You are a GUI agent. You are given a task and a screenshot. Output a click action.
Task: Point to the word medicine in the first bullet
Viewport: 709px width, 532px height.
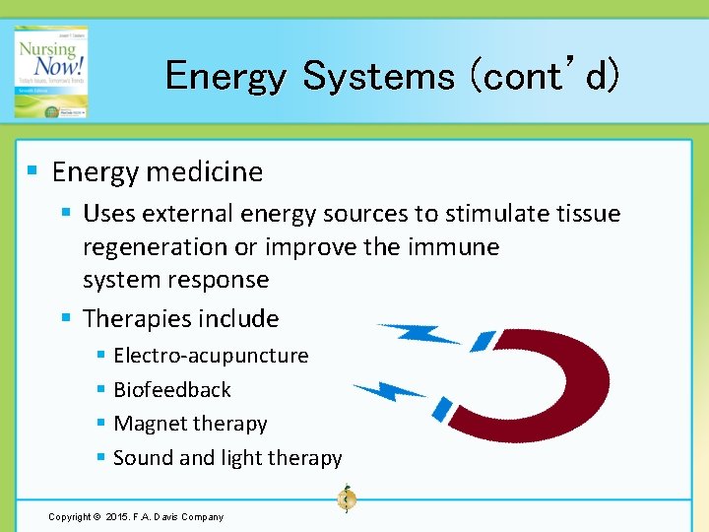[214, 171]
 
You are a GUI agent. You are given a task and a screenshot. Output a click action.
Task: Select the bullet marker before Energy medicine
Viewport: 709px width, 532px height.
[32, 170]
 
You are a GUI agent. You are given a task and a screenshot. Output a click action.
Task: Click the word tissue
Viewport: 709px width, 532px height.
[589, 213]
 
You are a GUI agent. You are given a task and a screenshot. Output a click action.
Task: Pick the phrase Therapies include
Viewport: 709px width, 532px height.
[180, 318]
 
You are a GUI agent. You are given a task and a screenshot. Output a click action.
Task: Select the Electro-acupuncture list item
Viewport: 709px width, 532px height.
[211, 355]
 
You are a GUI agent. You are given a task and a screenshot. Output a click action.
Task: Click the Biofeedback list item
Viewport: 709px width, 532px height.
[171, 389]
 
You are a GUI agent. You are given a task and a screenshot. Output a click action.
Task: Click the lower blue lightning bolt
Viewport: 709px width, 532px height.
[390, 392]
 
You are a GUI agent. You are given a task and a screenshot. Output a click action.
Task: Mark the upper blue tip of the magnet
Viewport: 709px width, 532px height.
[483, 340]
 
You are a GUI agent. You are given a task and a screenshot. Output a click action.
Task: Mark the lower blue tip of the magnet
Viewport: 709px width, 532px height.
[444, 407]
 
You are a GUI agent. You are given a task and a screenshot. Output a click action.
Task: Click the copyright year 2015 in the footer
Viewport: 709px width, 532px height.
[111, 516]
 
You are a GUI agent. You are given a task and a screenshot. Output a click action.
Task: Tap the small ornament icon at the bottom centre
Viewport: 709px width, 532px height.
[347, 499]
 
